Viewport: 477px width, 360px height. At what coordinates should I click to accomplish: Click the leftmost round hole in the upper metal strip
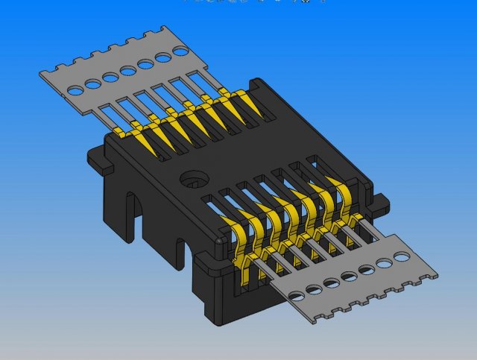[75, 89]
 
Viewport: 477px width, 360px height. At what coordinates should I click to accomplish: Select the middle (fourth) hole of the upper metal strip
[128, 70]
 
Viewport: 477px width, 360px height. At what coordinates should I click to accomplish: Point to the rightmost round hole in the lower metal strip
[402, 256]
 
